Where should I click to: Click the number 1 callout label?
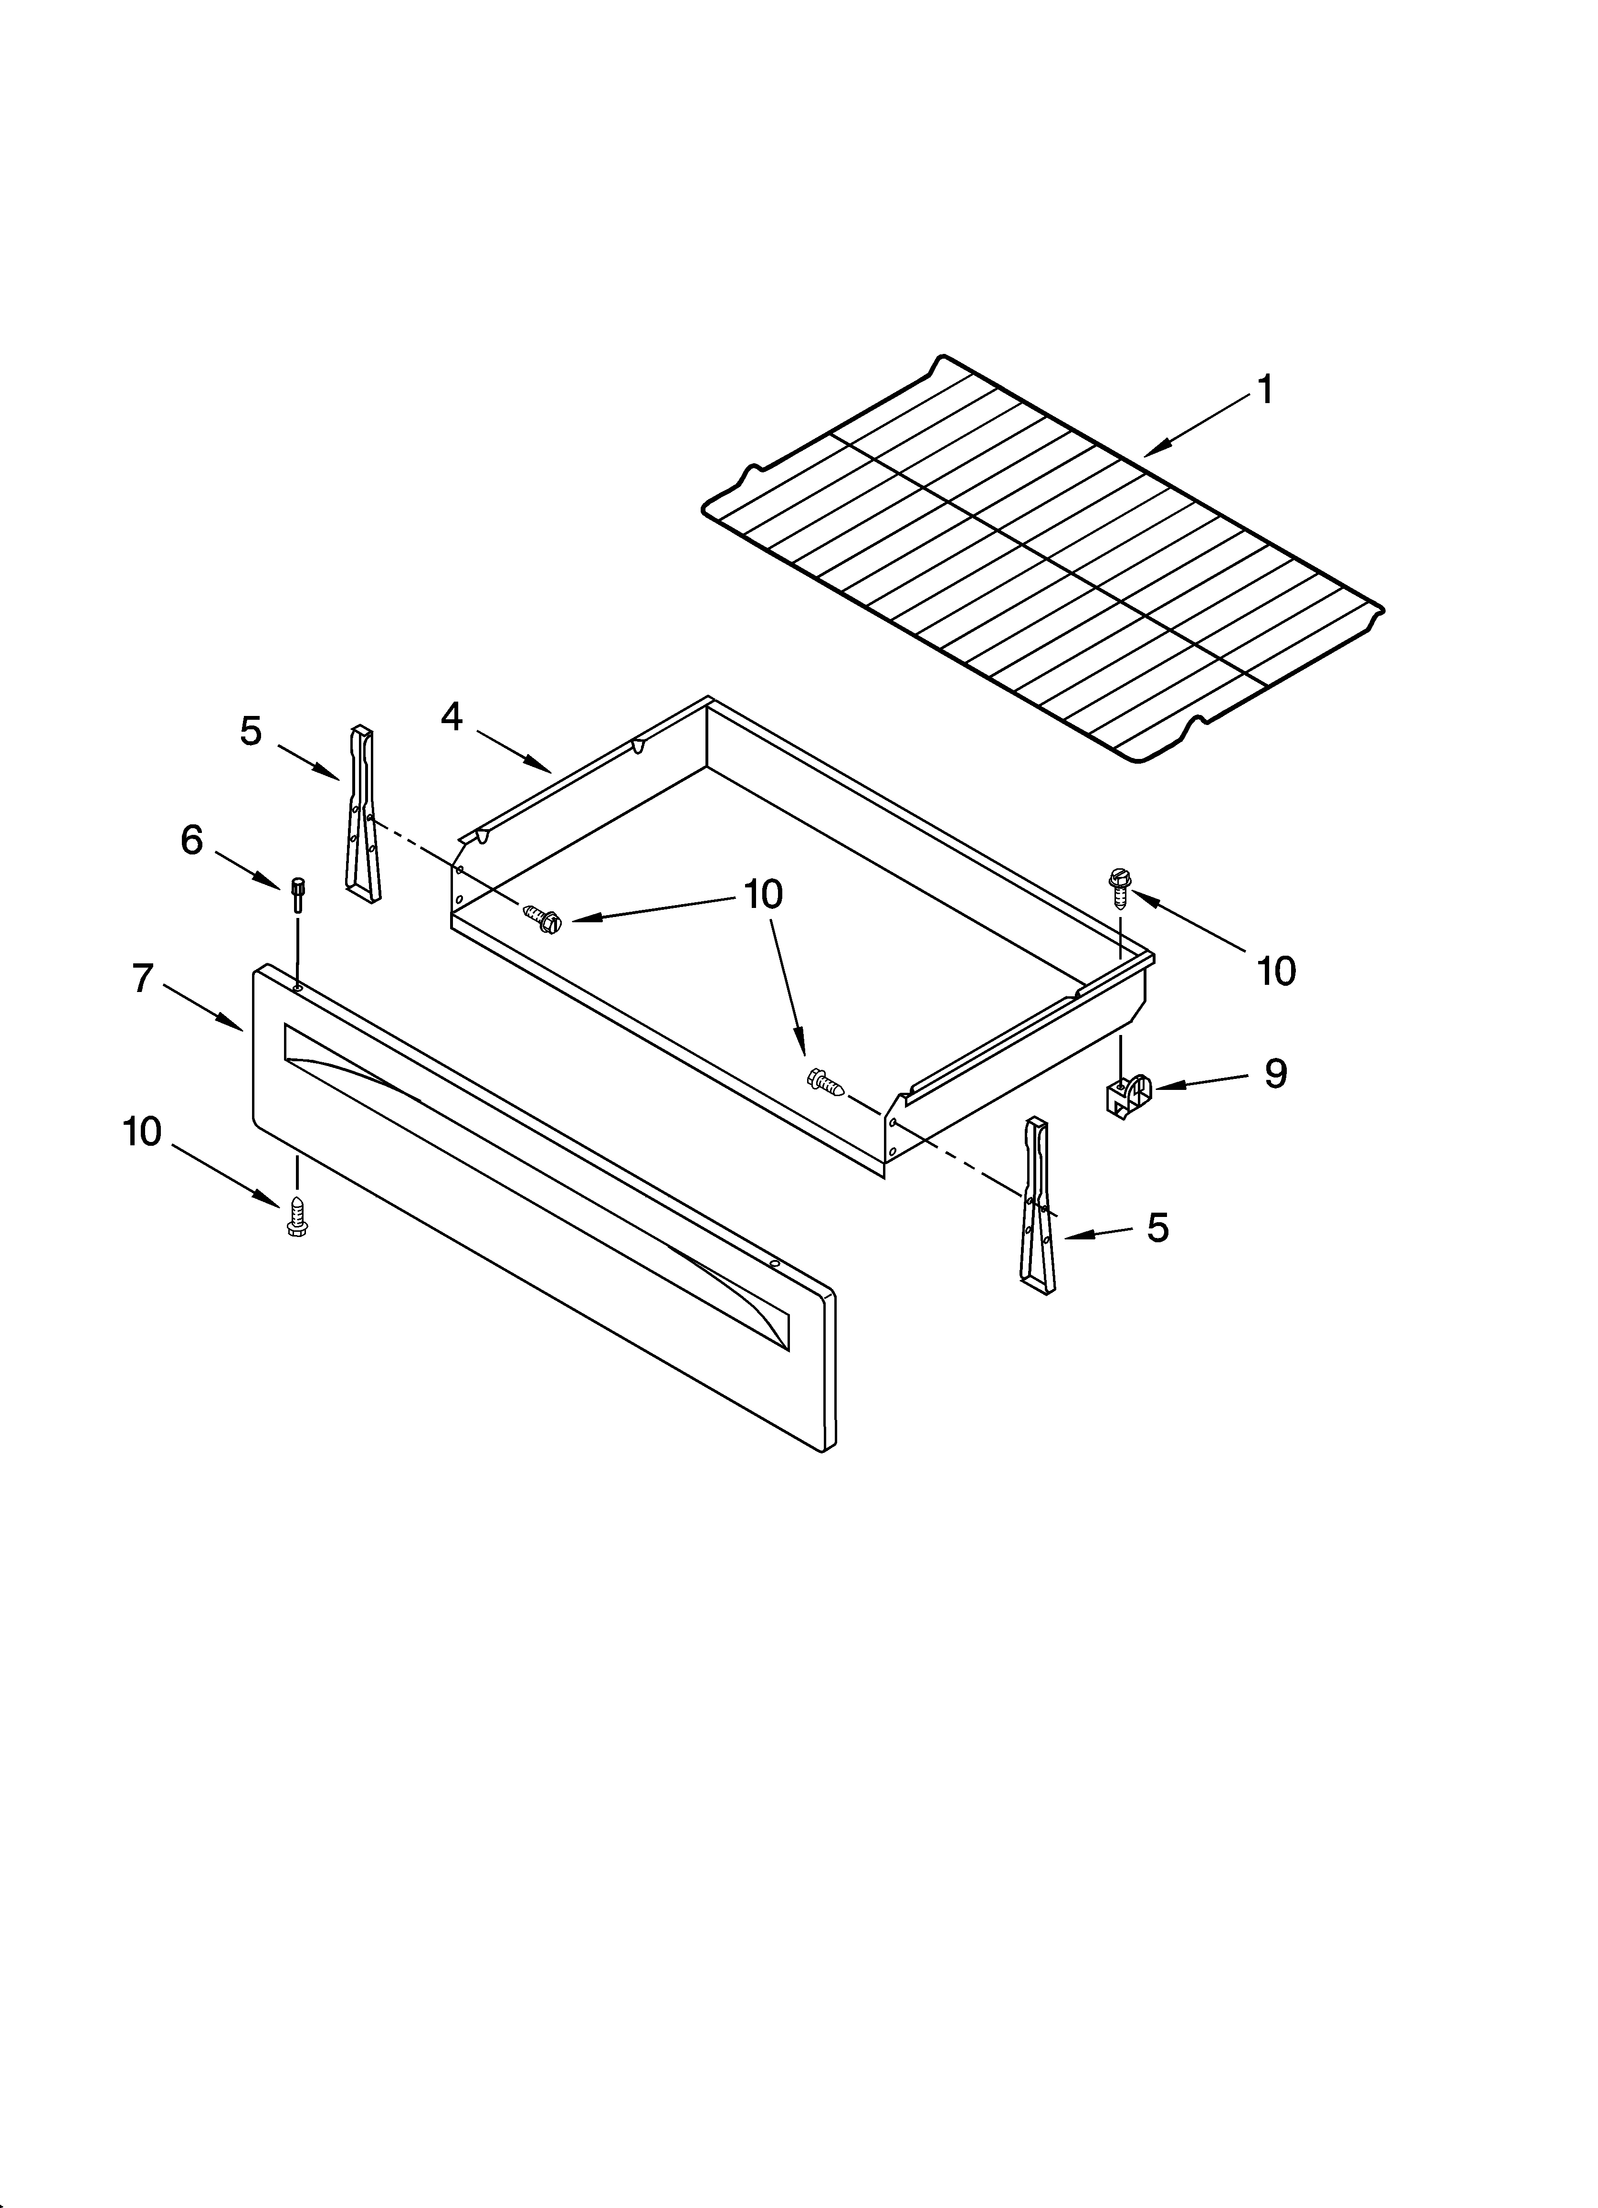point(1264,390)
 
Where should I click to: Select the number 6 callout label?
point(192,839)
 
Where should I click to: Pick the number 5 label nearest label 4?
point(251,730)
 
